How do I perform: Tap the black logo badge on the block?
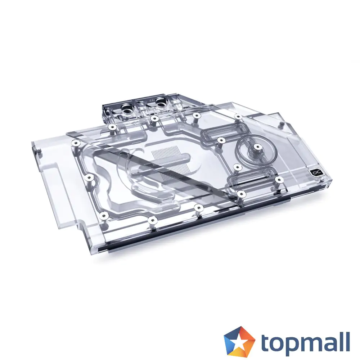click(x=316, y=173)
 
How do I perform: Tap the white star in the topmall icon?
click(x=239, y=341)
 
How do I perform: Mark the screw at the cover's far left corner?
click(x=75, y=143)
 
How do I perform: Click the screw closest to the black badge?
click(x=278, y=179)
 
